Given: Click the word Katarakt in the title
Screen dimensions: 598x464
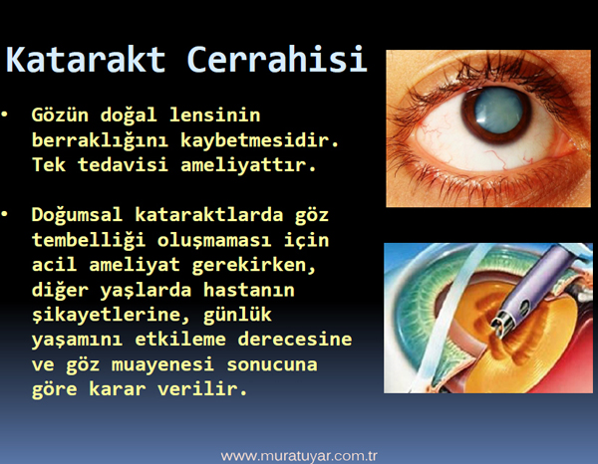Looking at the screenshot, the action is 86,60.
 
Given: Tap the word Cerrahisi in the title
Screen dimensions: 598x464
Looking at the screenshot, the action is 277,59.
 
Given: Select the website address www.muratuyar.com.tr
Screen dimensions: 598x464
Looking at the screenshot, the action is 299,456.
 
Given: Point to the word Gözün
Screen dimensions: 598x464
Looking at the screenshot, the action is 60,115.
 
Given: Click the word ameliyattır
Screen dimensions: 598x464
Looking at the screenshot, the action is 248,165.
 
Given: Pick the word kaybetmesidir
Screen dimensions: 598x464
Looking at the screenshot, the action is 259,139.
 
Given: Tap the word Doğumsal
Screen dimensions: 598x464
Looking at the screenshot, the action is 77,216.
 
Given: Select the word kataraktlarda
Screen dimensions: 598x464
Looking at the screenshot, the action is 209,214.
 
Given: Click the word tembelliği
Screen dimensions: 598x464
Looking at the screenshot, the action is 89,240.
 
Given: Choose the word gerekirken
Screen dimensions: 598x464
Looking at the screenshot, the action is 254,265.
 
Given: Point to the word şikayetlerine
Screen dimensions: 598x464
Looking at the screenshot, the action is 111,316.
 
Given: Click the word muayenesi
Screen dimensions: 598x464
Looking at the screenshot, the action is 162,365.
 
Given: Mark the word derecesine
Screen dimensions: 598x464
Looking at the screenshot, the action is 295,340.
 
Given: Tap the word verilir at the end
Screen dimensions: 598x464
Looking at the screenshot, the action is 202,389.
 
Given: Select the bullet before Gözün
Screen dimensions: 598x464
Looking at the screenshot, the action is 5,114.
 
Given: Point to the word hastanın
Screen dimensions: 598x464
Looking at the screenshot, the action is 248,290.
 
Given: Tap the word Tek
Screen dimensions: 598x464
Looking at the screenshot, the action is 49,165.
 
